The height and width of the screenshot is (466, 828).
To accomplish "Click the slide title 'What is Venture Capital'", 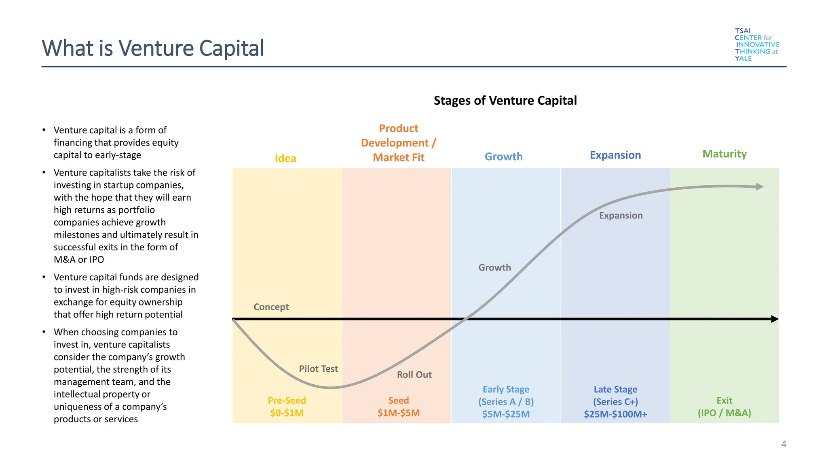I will [153, 48].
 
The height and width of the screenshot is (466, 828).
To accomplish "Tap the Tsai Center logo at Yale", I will [756, 44].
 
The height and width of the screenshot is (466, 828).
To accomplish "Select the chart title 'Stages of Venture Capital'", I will [505, 101].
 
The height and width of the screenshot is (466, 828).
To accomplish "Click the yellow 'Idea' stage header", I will [285, 158].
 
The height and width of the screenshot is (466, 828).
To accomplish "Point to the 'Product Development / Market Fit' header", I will [399, 143].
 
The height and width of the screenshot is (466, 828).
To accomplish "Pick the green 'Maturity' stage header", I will [724, 154].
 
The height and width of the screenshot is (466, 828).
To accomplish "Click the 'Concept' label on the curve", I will [271, 307].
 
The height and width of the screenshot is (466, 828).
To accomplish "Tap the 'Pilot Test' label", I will [318, 369].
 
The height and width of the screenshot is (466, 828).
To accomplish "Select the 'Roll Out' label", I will [414, 375].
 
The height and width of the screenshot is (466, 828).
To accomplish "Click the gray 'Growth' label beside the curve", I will [494, 268].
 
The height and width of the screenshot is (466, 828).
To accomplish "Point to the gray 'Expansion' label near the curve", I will [621, 216].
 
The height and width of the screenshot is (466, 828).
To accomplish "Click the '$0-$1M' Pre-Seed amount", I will [287, 413].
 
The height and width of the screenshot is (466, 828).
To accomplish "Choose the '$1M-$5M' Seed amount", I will [399, 413].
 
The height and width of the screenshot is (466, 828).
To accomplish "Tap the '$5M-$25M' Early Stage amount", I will [506, 414].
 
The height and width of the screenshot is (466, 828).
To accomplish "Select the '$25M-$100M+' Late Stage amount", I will [615, 414].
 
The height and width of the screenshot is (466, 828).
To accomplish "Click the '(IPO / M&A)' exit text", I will [724, 413].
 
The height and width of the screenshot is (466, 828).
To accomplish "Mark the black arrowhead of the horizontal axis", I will [775, 319].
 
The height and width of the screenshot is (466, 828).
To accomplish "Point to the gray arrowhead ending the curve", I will [760, 186].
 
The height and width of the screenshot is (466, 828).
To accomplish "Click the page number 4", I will [784, 444].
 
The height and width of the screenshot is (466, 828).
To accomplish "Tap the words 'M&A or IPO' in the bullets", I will [79, 260].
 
